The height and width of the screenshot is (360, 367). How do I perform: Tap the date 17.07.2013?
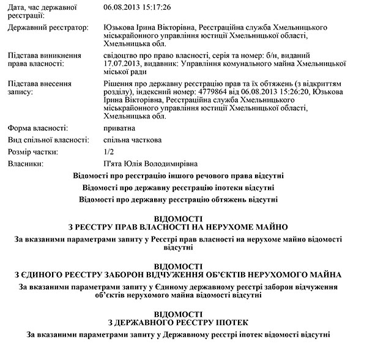click(123, 63)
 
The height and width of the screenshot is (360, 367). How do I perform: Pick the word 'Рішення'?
click(119, 82)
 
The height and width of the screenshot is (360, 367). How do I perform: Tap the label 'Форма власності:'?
click(37, 128)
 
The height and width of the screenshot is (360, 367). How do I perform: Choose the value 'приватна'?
click(120, 128)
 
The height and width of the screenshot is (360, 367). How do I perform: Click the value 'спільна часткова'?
click(133, 140)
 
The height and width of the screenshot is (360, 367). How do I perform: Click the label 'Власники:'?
click(25, 163)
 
